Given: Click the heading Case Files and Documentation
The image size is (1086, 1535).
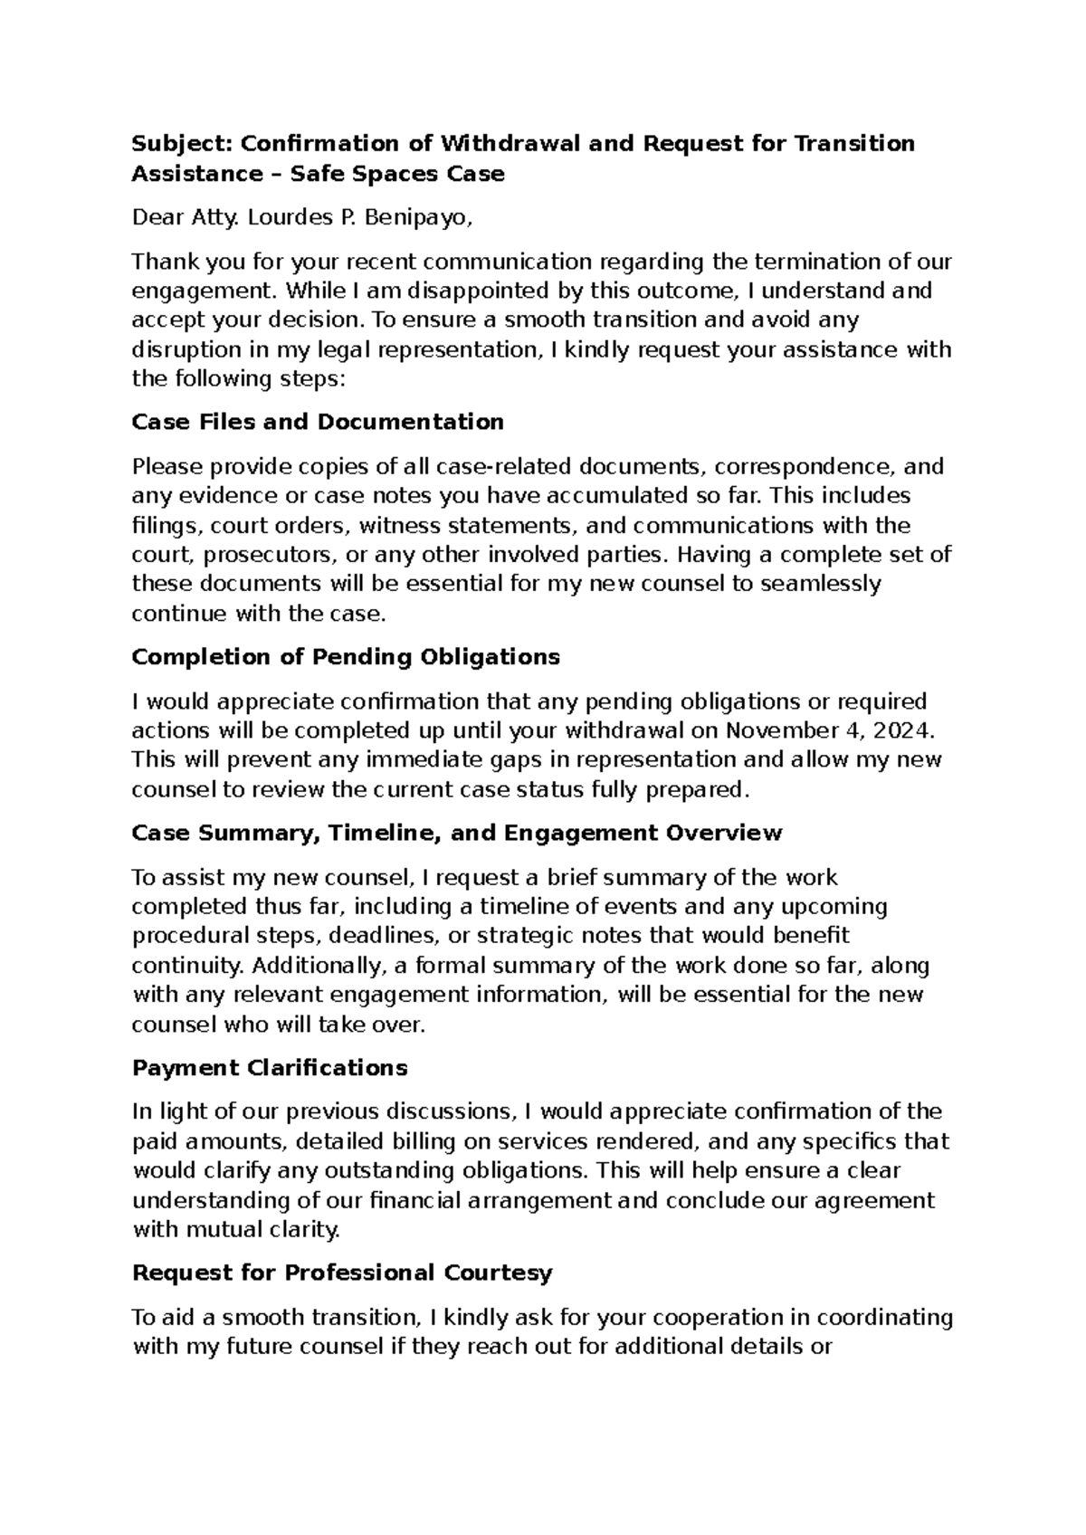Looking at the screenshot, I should [x=318, y=423].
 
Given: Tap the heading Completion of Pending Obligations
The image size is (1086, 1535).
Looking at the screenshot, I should [x=346, y=657].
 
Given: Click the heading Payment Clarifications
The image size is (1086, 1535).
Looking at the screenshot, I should [x=270, y=1068].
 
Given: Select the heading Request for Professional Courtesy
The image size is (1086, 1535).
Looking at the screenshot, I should [x=342, y=1273].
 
